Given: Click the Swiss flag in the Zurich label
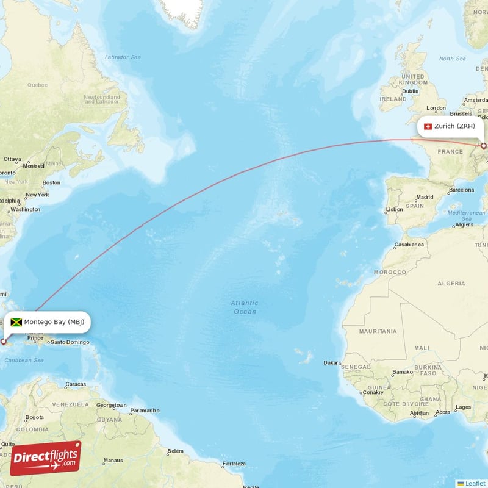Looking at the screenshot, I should [x=427, y=127].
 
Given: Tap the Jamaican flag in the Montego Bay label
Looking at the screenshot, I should [x=16, y=322].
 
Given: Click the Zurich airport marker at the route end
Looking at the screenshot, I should [x=484, y=146].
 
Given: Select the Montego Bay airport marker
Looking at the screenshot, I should [x=4, y=342].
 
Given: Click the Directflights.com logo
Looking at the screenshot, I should [x=45, y=458].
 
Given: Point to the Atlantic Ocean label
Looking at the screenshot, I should [x=245, y=307].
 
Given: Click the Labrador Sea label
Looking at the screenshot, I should [x=123, y=57].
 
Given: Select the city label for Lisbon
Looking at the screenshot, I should [x=395, y=209].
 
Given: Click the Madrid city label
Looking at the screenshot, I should [x=425, y=197].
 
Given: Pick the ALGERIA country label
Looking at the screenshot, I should [x=451, y=284].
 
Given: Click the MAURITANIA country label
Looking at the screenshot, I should [x=378, y=331].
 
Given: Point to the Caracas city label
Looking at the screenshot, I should [x=76, y=384].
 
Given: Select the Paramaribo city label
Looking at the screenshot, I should [x=145, y=411].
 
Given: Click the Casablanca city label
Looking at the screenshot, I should [x=409, y=244].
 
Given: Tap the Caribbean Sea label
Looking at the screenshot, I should [x=24, y=361].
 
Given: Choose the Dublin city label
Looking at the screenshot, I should [x=410, y=91].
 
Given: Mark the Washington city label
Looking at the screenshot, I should [x=25, y=209].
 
